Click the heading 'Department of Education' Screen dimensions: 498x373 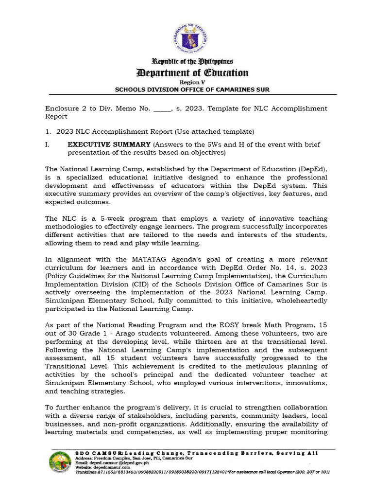tap(193, 73)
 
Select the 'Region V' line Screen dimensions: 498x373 tap(193, 83)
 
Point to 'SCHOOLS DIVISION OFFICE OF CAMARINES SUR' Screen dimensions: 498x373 tap(192, 89)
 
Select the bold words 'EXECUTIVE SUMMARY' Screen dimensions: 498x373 tap(109, 145)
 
